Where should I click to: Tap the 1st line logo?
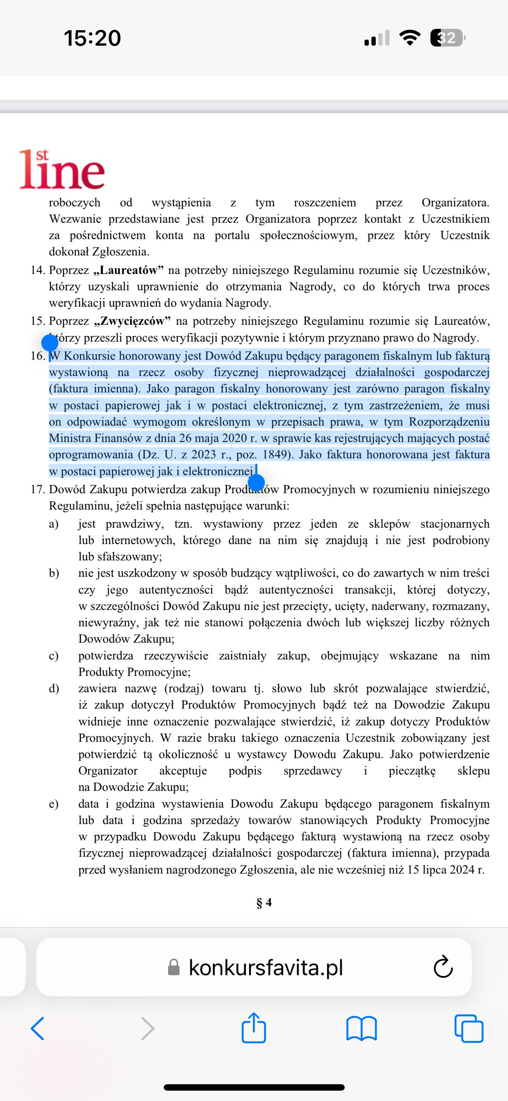[62, 170]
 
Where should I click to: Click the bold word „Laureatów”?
[128, 271]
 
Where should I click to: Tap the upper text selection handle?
[50, 343]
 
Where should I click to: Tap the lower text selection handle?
[256, 482]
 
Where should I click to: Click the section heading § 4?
[264, 902]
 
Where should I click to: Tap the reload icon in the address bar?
[443, 967]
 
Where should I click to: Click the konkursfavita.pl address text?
[266, 967]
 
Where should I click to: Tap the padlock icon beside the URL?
[174, 967]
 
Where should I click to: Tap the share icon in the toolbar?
[254, 1028]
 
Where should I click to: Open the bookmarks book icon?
[362, 1029]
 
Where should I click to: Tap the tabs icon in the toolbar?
[469, 1029]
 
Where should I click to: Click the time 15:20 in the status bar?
[92, 38]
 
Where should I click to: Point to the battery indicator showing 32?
[447, 38]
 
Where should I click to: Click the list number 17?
[37, 490]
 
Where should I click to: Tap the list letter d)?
[54, 689]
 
